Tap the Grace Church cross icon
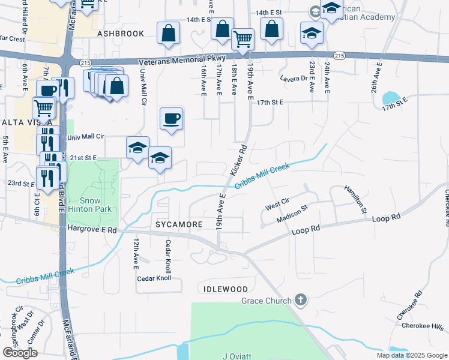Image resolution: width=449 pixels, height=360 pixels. pyautogui.click(x=301, y=300)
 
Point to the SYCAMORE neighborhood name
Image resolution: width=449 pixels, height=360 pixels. pyautogui.click(x=179, y=224)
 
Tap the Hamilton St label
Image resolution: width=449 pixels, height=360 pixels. pyautogui.click(x=355, y=199)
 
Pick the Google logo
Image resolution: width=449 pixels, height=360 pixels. pyautogui.click(x=19, y=353)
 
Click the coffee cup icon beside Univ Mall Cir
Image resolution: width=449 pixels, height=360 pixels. pyautogui.click(x=172, y=118)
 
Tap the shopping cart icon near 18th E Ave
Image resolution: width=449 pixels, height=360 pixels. pyautogui.click(x=243, y=39)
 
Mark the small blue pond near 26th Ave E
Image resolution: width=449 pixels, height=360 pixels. pyautogui.click(x=391, y=97)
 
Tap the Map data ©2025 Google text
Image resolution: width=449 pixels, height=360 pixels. pyautogui.click(x=411, y=355)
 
